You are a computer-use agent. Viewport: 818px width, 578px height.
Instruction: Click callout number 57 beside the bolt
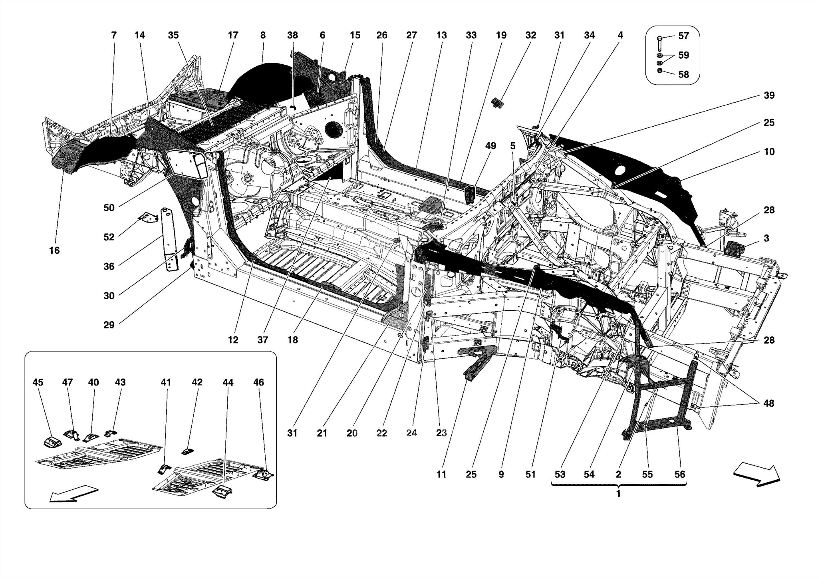[x=683, y=36]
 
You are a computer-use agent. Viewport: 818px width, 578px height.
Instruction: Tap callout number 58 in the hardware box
[x=683, y=74]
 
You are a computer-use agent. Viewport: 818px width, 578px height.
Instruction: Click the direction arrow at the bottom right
[x=756, y=474]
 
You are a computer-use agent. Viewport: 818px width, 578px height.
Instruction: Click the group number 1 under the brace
[x=618, y=494]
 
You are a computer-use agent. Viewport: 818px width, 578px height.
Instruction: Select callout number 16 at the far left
[x=54, y=250]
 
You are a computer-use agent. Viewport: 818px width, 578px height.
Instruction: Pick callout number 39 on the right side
[x=769, y=95]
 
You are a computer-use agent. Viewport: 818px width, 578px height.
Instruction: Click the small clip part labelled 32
[x=498, y=103]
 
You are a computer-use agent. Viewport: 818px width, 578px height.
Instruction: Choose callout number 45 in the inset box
[x=38, y=382]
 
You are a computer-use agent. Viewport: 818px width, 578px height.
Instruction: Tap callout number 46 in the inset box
[x=258, y=382]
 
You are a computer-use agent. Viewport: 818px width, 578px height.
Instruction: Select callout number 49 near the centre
[x=490, y=146]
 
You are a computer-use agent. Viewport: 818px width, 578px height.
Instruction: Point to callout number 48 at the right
[x=768, y=403]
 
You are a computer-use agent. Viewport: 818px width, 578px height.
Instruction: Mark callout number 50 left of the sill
[x=109, y=208]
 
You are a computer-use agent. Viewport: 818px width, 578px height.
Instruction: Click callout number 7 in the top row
[x=114, y=35]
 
